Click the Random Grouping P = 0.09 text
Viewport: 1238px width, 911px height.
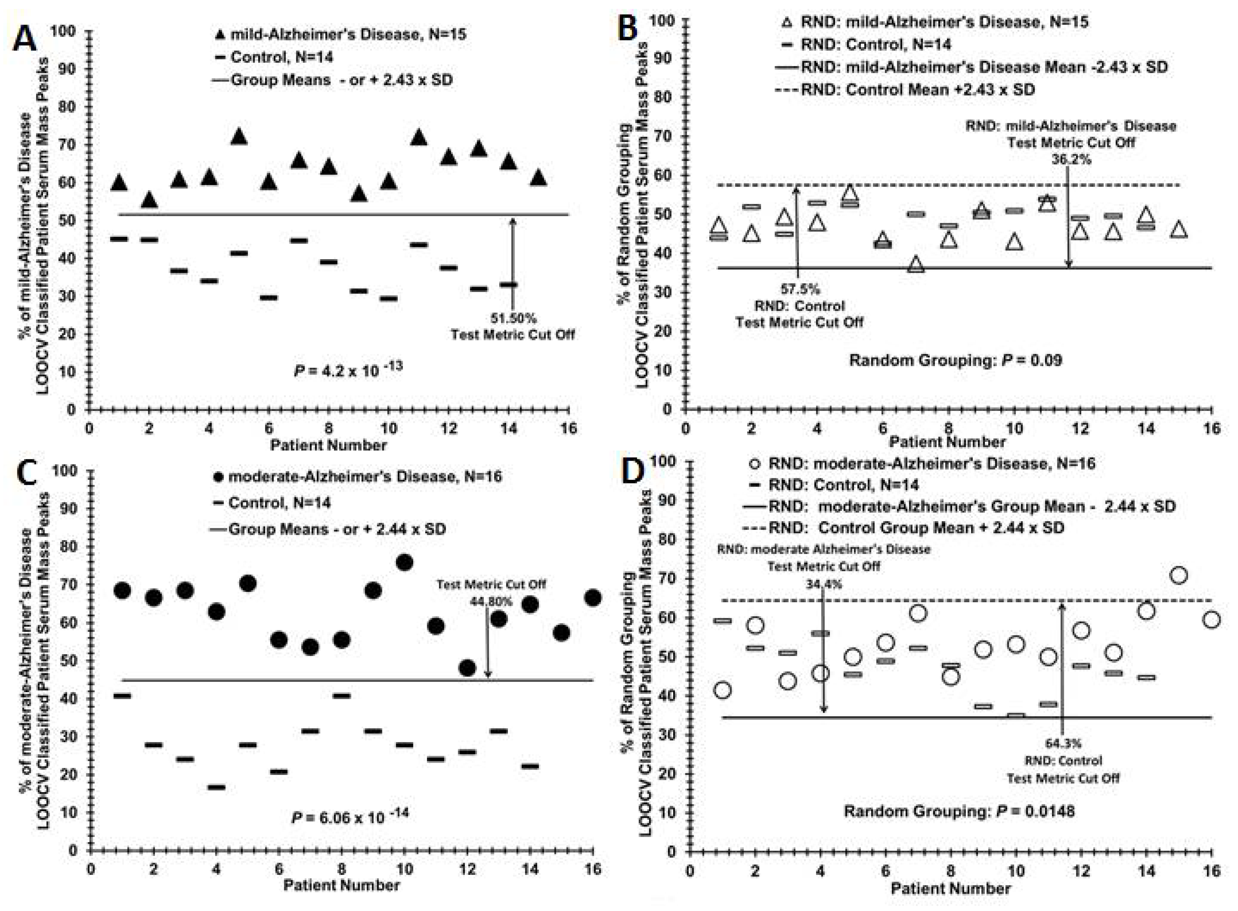(x=955, y=361)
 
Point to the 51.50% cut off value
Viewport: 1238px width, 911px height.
(x=513, y=318)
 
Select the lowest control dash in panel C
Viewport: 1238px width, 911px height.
(x=216, y=787)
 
